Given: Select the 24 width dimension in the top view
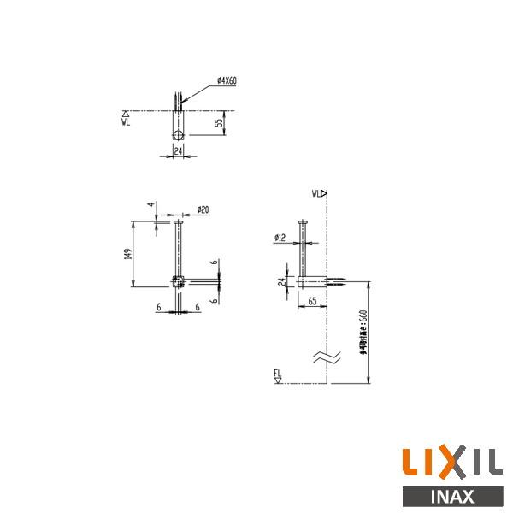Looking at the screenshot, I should tap(178, 150).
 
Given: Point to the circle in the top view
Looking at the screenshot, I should tap(178, 135).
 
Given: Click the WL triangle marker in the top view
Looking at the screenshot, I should tap(126, 112).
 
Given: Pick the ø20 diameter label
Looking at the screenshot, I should tap(203, 209).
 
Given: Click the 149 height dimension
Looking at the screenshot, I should tap(127, 253).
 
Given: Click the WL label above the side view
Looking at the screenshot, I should tap(317, 193).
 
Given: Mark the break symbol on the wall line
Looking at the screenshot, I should tap(326, 357).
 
